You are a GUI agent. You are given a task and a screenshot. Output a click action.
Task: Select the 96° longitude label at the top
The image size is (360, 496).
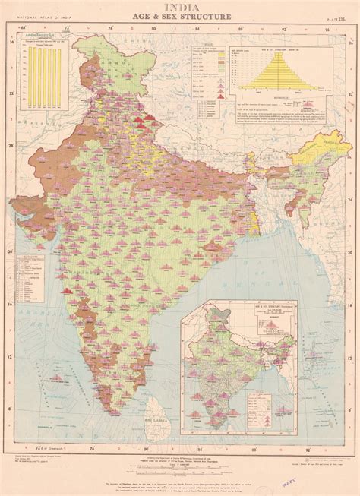point(327,30)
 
